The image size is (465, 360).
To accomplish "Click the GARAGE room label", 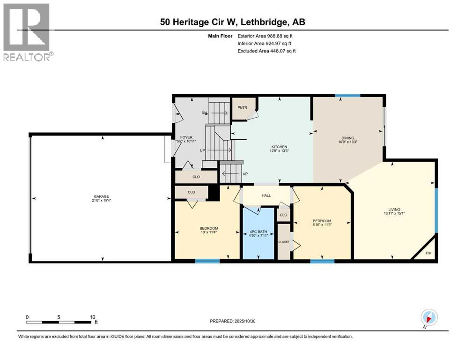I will [102, 196].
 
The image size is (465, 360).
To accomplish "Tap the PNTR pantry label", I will [242, 107].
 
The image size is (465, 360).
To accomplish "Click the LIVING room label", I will [393, 210].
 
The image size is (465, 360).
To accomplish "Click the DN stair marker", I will [204, 113].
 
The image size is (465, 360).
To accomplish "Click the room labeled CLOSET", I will [284, 241].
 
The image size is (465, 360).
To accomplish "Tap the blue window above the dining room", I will [347, 96].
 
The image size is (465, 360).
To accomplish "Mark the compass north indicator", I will [428, 317].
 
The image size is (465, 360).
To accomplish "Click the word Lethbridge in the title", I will [262, 22].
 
